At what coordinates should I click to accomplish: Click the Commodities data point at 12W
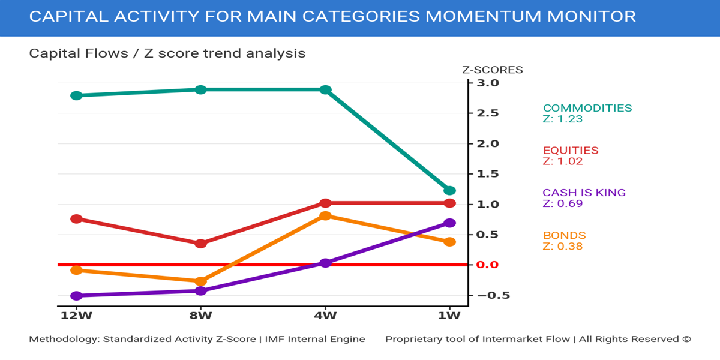click(76, 95)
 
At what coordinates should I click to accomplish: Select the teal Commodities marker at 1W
click(449, 190)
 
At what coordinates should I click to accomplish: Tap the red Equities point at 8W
click(201, 244)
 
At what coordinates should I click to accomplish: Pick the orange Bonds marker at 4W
click(325, 216)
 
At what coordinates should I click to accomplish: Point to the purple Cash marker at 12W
click(76, 296)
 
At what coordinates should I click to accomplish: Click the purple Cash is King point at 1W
click(449, 223)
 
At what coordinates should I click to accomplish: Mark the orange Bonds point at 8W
click(201, 281)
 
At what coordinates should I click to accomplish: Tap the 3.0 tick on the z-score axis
click(487, 83)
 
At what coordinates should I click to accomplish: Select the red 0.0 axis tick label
click(487, 265)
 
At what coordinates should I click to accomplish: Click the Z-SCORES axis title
click(492, 70)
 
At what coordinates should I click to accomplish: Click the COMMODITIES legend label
click(587, 109)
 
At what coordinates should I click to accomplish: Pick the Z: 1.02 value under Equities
click(563, 161)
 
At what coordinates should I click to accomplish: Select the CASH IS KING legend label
click(584, 193)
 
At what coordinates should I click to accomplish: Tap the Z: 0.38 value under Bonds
click(563, 246)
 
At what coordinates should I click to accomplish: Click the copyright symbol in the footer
click(686, 339)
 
